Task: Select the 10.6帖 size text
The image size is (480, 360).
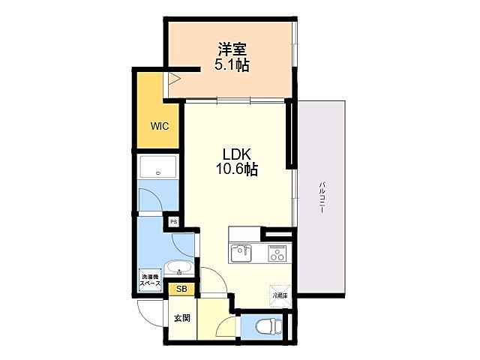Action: point(237,169)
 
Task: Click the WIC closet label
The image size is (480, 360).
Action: point(158,126)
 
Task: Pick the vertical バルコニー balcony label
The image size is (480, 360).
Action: point(321,197)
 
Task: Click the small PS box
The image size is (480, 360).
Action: point(173,222)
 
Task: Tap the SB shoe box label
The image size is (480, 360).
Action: point(181,288)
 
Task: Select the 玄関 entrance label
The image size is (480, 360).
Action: point(181,318)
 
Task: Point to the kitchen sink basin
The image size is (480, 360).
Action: point(241,253)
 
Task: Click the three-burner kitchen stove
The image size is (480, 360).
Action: point(277,253)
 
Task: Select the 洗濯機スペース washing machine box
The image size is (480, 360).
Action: point(151,281)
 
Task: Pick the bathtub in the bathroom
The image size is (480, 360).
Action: point(158,167)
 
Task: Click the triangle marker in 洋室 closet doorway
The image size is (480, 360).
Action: point(175,78)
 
